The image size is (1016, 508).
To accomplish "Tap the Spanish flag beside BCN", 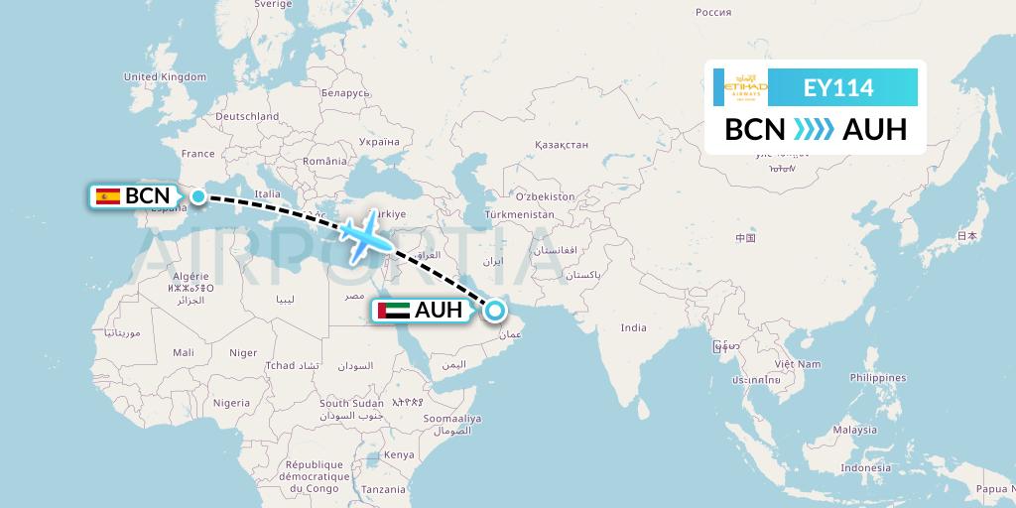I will [106, 196].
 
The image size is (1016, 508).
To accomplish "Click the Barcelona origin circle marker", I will [198, 196].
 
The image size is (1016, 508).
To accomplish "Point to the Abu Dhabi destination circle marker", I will [494, 313].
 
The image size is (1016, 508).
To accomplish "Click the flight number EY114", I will [838, 88].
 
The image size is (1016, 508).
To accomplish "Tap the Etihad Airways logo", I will [746, 87].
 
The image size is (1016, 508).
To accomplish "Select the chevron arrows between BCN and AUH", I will [814, 130].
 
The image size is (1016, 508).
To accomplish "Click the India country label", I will [633, 327].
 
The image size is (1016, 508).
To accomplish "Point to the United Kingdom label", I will [165, 76].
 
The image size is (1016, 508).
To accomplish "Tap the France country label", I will [198, 154].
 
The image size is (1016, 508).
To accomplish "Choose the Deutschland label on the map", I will [247, 116].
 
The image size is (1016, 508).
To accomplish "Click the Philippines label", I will [878, 378].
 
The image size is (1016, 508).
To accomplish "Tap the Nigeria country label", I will [231, 403].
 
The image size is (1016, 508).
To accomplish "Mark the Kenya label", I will [399, 454].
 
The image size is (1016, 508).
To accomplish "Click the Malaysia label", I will [854, 430].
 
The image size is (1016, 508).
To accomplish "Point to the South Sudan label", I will [351, 404].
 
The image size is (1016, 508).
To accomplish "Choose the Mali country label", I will [183, 352].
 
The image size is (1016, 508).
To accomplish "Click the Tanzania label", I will [383, 489].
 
